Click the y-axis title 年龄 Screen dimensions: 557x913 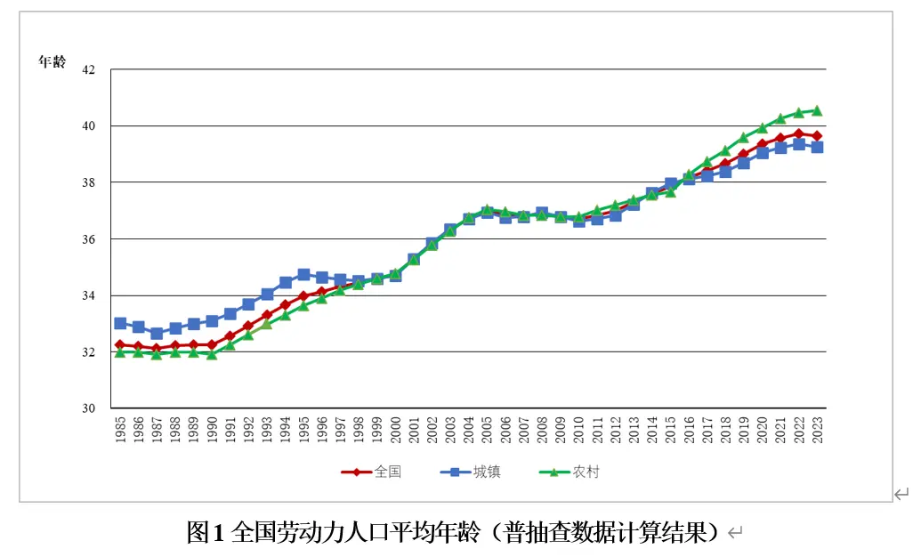click(52, 62)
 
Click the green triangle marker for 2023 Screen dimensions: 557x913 click(816, 111)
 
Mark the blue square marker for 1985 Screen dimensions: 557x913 click(120, 323)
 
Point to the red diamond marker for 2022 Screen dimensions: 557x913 click(798, 133)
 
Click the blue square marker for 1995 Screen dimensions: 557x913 click(303, 275)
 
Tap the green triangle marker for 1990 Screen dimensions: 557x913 click(212, 354)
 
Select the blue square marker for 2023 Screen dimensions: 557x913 click(816, 147)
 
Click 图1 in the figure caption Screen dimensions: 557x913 click(206, 532)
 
